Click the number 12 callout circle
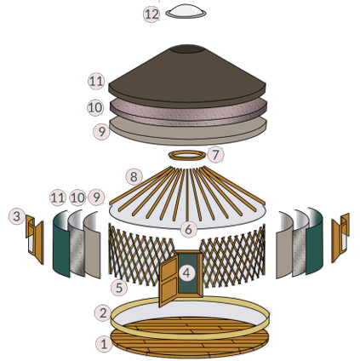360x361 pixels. point(151,14)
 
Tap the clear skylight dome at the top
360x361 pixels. point(186,11)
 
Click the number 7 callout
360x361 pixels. point(215,155)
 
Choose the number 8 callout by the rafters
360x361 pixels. point(134,177)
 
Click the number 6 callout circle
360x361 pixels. point(189,229)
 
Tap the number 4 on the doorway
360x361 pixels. point(186,273)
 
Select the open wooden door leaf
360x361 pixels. point(169,279)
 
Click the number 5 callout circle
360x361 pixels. point(119,287)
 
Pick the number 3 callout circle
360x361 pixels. point(17,216)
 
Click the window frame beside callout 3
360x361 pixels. point(35,239)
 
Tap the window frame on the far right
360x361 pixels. point(340,237)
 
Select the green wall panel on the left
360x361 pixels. point(60,244)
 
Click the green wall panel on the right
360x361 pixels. point(315,242)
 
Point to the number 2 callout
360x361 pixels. point(103,312)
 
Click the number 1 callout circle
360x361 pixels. point(104,344)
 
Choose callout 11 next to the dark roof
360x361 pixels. point(96,82)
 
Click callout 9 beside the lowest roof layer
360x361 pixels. point(101,131)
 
